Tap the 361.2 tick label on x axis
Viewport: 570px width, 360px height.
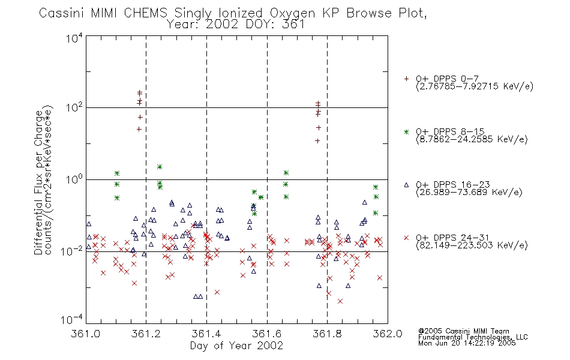tap(146, 334)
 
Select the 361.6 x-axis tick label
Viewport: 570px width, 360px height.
tap(267, 334)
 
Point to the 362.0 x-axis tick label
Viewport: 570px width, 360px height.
tap(388, 334)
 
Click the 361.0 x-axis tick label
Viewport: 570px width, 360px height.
tap(86, 334)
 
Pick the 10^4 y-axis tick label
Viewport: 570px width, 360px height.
tap(74, 38)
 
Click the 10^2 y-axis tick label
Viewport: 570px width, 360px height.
tap(74, 107)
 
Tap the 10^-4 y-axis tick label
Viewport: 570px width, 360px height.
tap(72, 320)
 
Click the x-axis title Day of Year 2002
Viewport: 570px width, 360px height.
tap(236, 346)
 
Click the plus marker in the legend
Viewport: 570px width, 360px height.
tap(406, 79)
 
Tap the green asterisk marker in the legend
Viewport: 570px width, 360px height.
tap(406, 131)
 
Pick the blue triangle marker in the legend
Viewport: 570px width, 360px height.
tap(406, 185)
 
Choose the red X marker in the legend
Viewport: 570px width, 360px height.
tap(406, 238)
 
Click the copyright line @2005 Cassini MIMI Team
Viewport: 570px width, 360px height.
tap(463, 331)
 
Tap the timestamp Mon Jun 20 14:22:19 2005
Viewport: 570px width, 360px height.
tap(467, 343)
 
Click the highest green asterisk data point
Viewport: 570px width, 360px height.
tap(159, 167)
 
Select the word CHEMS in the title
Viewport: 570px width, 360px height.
tap(145, 13)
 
